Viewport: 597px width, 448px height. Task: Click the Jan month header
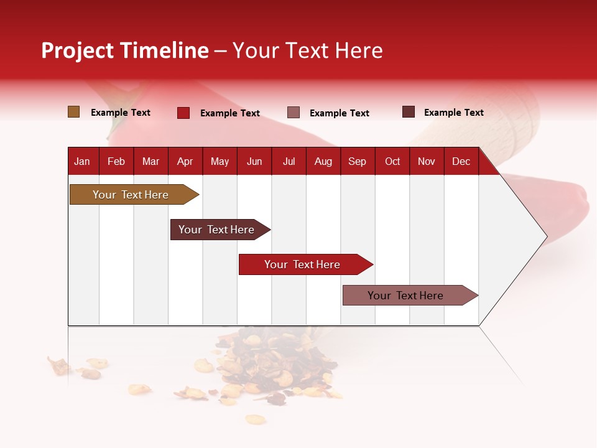(x=82, y=162)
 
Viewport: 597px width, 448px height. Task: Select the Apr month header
(x=185, y=162)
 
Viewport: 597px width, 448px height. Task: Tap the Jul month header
(x=289, y=162)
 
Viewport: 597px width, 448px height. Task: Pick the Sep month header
(x=357, y=162)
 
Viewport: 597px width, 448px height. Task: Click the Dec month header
(x=461, y=162)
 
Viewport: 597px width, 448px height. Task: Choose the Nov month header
(x=426, y=162)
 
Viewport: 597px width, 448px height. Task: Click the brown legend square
(x=73, y=112)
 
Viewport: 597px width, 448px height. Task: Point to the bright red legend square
(x=183, y=113)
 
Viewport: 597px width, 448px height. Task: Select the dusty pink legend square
(x=294, y=113)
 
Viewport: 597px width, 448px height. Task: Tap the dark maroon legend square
(x=408, y=112)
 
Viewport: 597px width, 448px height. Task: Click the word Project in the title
(x=77, y=51)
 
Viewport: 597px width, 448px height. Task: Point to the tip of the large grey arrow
(x=545, y=236)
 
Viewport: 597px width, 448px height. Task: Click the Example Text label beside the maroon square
(x=453, y=113)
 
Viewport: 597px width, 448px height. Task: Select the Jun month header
(x=254, y=162)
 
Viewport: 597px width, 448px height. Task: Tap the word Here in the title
(x=359, y=50)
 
